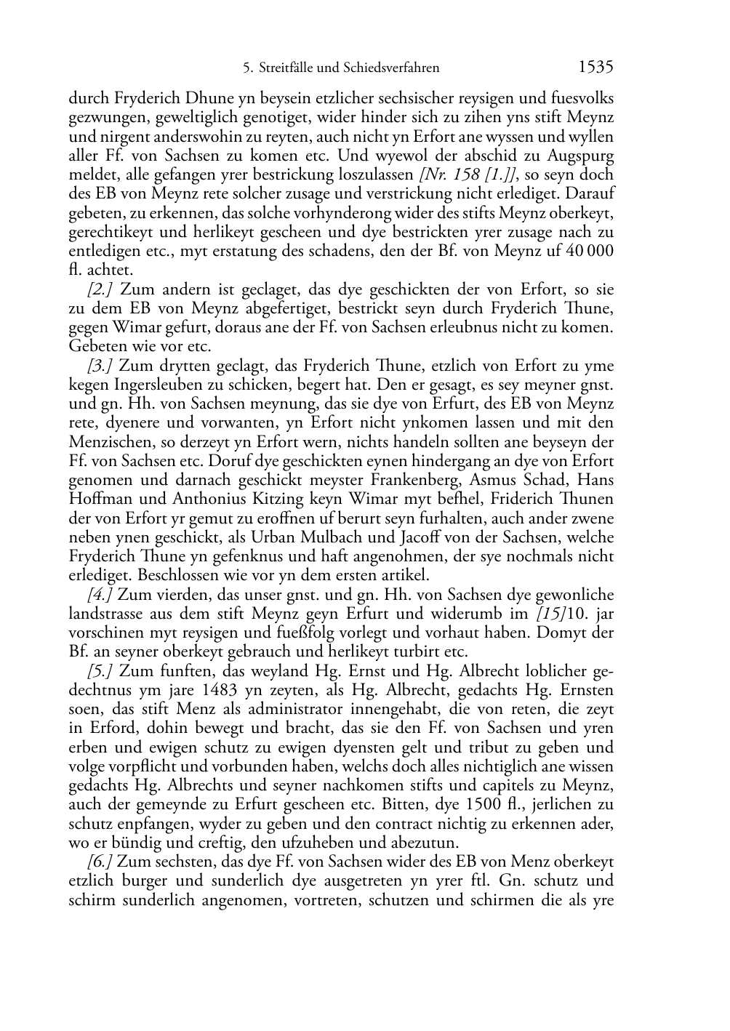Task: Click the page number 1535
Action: click(x=595, y=68)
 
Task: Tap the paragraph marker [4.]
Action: click(x=100, y=595)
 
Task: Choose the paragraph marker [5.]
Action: click(x=100, y=671)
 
